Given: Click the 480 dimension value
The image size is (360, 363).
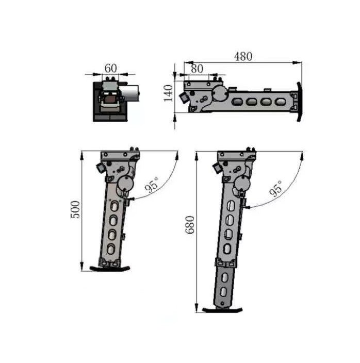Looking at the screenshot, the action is [x=243, y=57].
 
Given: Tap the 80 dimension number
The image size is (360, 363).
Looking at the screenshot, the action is [x=197, y=69].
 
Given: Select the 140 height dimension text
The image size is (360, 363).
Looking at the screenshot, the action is [x=168, y=93].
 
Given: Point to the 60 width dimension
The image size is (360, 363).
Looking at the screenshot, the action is [x=111, y=68].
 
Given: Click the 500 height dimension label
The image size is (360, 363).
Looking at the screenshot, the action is [x=75, y=209].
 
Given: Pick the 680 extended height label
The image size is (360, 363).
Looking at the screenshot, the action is [x=190, y=225].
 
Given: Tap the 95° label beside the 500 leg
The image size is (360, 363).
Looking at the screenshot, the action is [x=152, y=185].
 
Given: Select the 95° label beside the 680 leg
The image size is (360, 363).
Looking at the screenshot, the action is [x=276, y=188].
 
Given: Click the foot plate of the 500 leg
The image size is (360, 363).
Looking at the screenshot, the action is [x=110, y=269].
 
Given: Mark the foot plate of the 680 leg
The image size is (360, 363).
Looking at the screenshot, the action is [x=222, y=310].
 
